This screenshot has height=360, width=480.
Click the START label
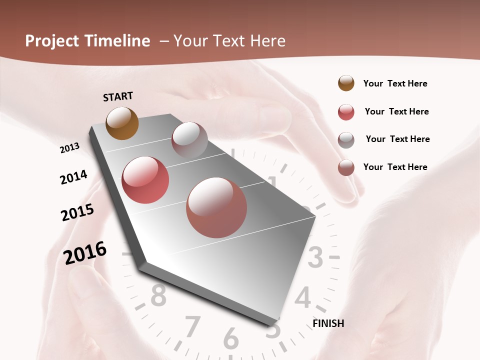pyautogui.click(x=118, y=96)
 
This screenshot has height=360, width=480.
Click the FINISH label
pyautogui.click(x=328, y=323)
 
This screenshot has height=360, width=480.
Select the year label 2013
pyautogui.click(x=69, y=147)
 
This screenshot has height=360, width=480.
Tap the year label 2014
pyautogui.click(x=73, y=177)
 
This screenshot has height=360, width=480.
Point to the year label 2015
pyautogui.click(x=77, y=212)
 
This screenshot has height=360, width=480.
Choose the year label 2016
pyautogui.click(x=85, y=252)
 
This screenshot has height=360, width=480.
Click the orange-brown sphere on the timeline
pyautogui.click(x=122, y=123)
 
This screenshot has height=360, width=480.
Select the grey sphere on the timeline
pyautogui.click(x=189, y=140)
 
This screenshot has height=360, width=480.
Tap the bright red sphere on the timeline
pyautogui.click(x=145, y=180)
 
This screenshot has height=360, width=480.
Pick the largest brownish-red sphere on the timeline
pyautogui.click(x=216, y=207)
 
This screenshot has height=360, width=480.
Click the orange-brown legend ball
pyautogui.click(x=346, y=83)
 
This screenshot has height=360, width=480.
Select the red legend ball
pyautogui.click(x=346, y=112)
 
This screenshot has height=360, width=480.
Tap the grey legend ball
pyautogui.click(x=346, y=139)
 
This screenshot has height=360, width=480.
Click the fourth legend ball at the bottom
pyautogui.click(x=346, y=167)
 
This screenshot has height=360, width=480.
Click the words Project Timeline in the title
pyautogui.click(x=87, y=41)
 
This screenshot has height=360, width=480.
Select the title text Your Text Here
pyautogui.click(x=229, y=41)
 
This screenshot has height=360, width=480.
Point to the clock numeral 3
pyautogui.click(x=315, y=258)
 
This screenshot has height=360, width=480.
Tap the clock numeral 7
pyautogui.click(x=193, y=327)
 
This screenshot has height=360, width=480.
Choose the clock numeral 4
pyautogui.click(x=303, y=298)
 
